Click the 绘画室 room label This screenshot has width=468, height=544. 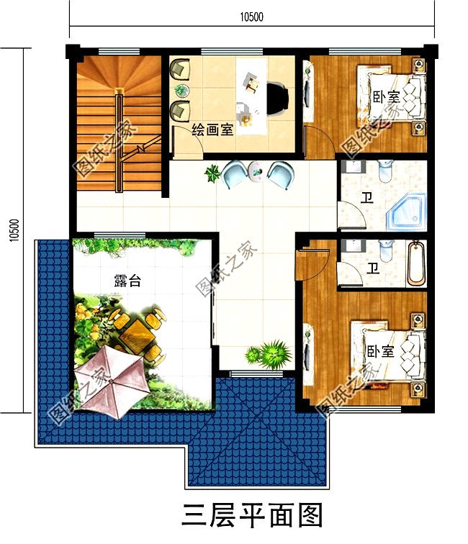pos(212,130)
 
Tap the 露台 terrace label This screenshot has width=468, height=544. pos(127,281)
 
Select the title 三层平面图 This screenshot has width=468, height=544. pos(253,515)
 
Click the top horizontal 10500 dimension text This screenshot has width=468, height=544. pos(252,17)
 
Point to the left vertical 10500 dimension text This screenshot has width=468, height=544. pos(14,230)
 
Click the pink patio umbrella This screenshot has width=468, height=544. pos(110,381)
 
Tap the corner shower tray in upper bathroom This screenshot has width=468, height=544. pos(406,212)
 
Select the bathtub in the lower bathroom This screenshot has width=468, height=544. pos(416,263)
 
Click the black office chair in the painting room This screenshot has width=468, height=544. pos(277,99)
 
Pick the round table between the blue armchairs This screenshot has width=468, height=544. pos(256,171)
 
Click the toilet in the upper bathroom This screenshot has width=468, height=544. pos(385,171)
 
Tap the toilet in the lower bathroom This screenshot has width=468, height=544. pos(386,250)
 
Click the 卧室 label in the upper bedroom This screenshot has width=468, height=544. pos(387,97)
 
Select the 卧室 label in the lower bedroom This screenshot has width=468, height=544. pos(380,351)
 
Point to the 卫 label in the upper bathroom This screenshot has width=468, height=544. pos(367,198)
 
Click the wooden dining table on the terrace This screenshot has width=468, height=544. pos(135,334)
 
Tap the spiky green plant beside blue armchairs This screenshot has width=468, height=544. pos(212,173)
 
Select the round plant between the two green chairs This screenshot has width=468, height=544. pos(181,90)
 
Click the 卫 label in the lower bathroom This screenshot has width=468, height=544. pos(373,268)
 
